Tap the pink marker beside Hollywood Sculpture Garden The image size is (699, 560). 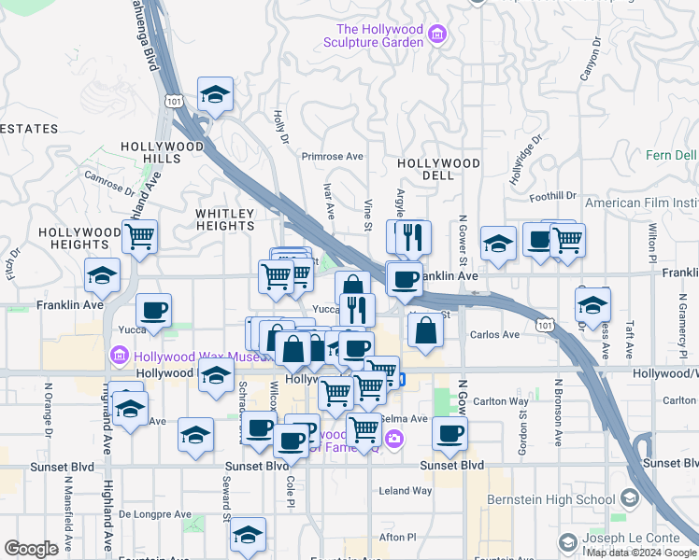[436, 36]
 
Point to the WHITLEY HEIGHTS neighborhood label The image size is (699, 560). [224, 219]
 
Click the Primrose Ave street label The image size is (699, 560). [332, 157]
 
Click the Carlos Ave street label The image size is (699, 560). [494, 334]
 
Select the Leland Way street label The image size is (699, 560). [406, 490]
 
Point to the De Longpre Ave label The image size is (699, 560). [155, 514]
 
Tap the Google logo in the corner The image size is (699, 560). [31, 549]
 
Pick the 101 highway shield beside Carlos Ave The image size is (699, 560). [542, 324]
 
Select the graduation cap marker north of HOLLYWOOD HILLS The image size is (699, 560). [215, 94]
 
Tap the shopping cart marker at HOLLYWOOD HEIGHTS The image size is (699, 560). [139, 237]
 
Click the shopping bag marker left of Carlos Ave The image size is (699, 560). [425, 330]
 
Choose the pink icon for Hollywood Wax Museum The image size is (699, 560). [119, 356]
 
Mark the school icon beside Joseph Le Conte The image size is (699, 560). [567, 543]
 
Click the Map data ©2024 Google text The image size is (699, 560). [640, 552]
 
